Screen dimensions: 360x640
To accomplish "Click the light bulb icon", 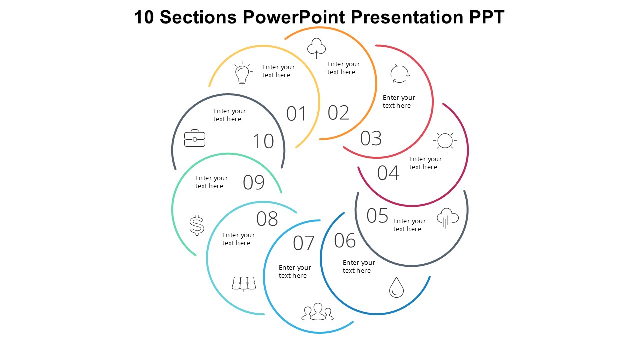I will tap(242, 74).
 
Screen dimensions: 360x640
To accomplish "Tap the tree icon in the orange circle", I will tap(316, 48).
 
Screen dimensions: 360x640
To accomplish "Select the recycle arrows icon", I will tap(400, 74).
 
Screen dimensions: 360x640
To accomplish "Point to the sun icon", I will tap(444, 140).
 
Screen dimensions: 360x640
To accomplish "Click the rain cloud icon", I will tap(448, 218).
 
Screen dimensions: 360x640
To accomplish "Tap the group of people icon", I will tap(317, 312).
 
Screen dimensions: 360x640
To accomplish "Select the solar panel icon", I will tap(244, 284).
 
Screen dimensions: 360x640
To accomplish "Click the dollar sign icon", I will tap(197, 225).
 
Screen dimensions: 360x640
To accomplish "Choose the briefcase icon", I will tap(195, 138).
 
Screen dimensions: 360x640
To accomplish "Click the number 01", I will tap(296, 114).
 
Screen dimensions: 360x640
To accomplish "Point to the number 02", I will tap(338, 113).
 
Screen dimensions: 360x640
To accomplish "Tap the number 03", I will tap(371, 138).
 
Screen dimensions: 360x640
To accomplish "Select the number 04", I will tap(388, 173).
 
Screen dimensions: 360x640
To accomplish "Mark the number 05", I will tap(377, 216).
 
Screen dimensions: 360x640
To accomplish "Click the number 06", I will tap(345, 241).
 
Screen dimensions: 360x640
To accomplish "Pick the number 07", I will tap(304, 243).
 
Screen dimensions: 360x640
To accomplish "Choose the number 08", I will tap(267, 219).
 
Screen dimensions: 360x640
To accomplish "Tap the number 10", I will tap(263, 141).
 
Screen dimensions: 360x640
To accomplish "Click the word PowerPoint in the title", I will tap(294, 18).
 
